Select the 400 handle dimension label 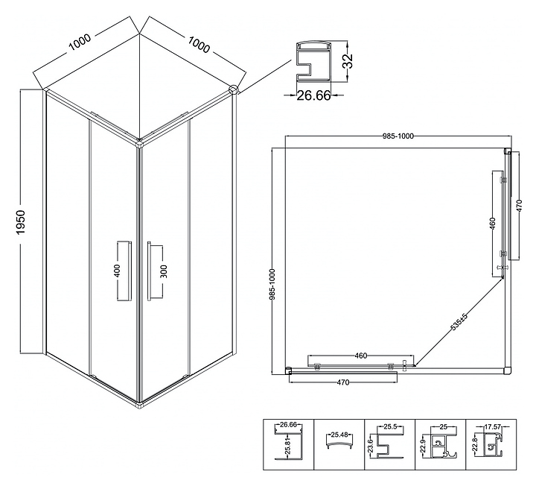[117, 271]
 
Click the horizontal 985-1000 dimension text [395, 136]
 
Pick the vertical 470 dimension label [520, 205]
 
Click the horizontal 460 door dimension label [361, 356]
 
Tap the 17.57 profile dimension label [491, 427]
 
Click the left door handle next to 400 [124, 271]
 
